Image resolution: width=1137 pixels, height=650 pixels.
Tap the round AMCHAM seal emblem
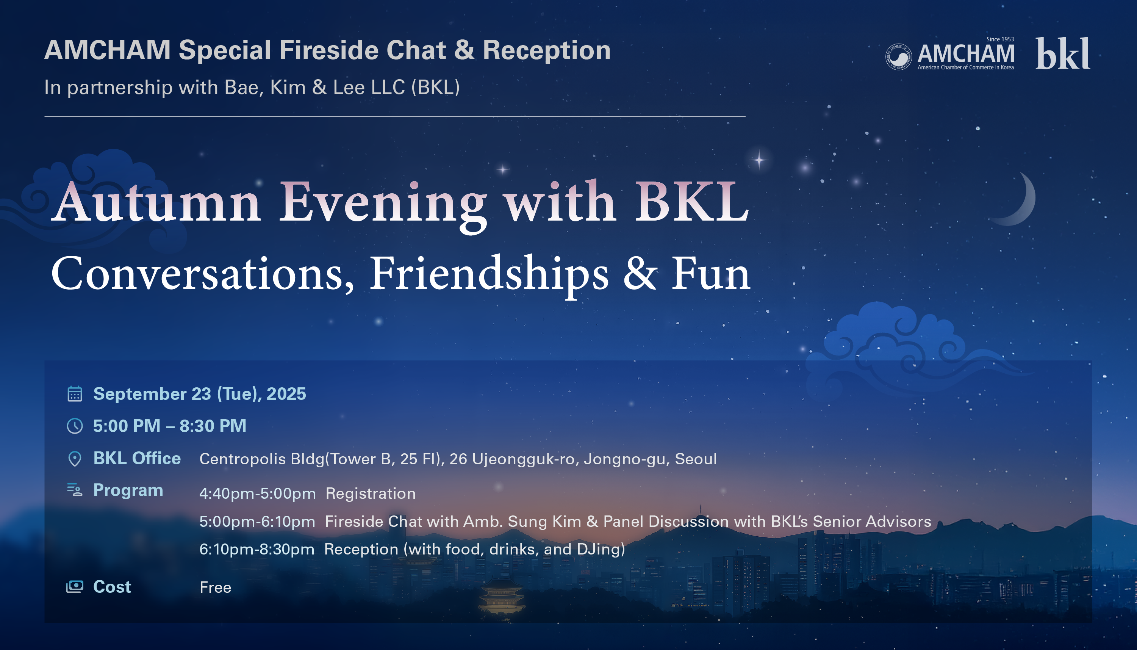899,57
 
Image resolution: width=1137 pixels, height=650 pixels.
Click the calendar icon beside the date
75,394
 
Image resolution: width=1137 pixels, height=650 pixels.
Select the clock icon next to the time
75,426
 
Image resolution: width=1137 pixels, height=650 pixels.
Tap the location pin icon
75,459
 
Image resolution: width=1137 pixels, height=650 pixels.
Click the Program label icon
75,490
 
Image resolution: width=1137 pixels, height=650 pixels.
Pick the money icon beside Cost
75,587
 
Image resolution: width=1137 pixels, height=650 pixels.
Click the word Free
216,587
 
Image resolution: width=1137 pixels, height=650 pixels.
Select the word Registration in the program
371,493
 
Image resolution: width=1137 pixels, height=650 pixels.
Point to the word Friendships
489,274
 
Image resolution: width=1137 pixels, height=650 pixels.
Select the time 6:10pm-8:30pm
256,549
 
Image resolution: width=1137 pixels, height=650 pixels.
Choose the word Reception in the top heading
547,50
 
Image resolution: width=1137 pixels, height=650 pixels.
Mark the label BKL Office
137,459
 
